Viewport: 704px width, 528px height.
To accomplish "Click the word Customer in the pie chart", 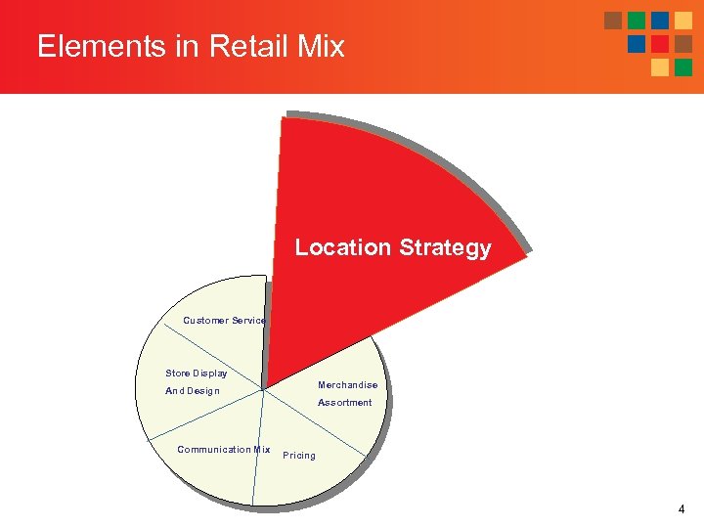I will [x=206, y=321].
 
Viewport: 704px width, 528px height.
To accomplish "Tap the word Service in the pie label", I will [x=249, y=321].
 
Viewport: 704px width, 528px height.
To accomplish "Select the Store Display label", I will [x=197, y=373].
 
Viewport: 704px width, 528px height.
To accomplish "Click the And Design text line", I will [x=193, y=391].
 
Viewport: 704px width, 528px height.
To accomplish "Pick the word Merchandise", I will [x=347, y=385].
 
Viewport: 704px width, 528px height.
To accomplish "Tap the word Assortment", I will [x=344, y=402].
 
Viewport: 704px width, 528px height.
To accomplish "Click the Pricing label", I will [x=299, y=456].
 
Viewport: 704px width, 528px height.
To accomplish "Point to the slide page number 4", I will [x=681, y=509].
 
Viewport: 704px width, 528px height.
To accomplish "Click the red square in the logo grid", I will [x=660, y=44].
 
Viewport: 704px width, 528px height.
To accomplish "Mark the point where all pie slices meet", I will [x=264, y=389].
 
